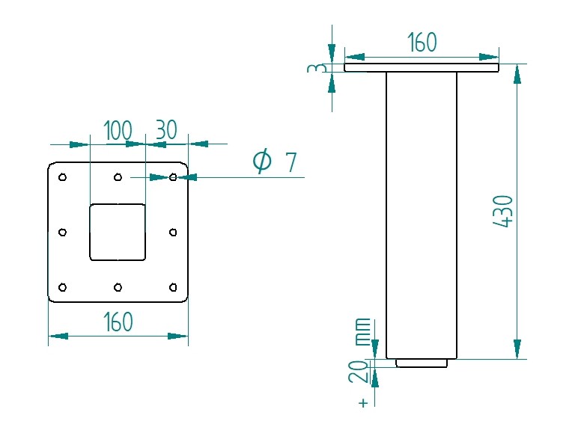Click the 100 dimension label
point(118,130)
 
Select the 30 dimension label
point(166,129)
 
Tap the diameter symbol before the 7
point(262,161)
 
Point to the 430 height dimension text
point(503,211)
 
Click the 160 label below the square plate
point(118,322)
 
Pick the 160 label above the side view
point(422,42)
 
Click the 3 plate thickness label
point(317,68)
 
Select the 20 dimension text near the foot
point(359,372)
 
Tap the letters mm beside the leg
point(363,332)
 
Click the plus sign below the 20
point(363,402)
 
